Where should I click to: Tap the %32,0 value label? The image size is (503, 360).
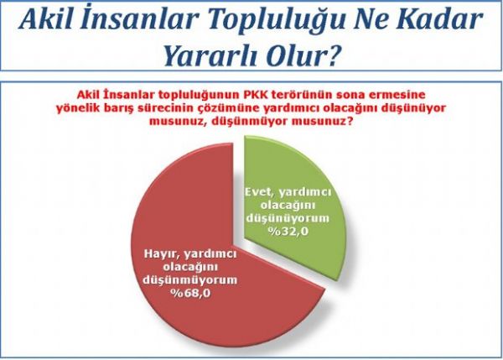click(288, 231)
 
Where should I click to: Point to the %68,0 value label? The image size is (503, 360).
click(190, 293)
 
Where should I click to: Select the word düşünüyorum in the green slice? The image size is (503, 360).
click(288, 218)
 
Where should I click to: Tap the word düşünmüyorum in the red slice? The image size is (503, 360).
click(190, 280)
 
